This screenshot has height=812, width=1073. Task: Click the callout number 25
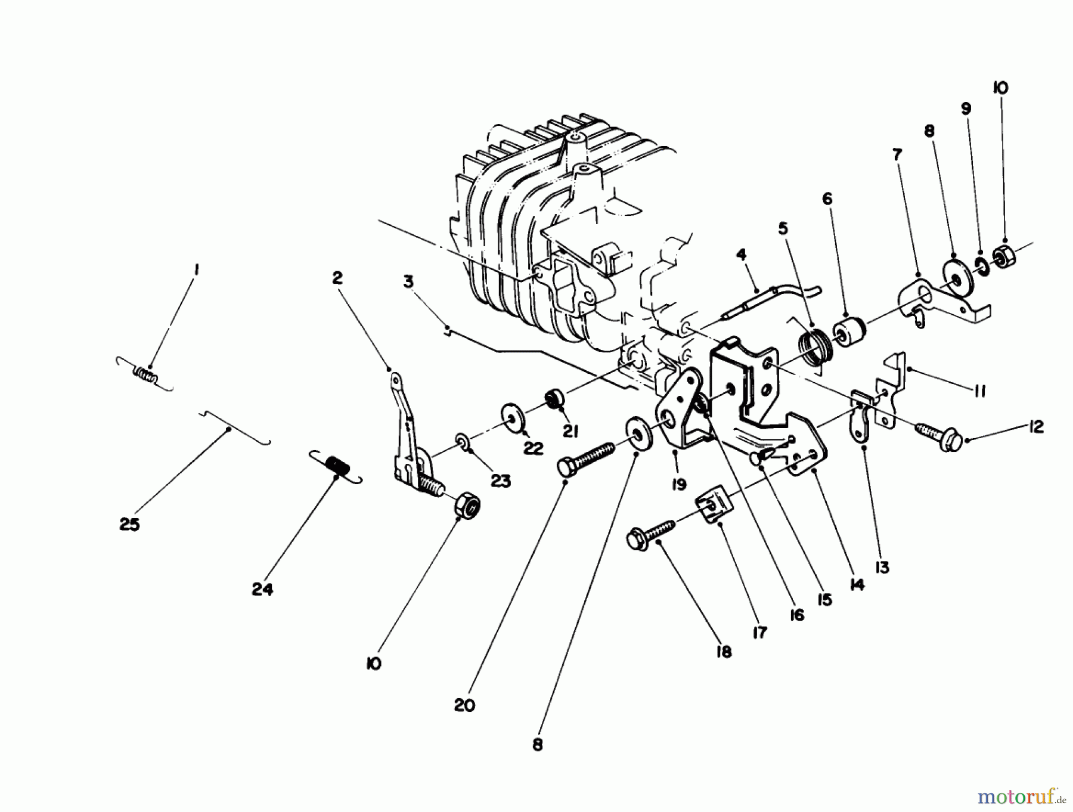coord(129,525)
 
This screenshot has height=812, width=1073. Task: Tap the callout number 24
coord(262,590)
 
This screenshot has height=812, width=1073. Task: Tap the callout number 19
coord(678,485)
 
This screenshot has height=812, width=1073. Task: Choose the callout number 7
coord(898,155)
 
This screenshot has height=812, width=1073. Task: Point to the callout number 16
coord(796,615)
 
